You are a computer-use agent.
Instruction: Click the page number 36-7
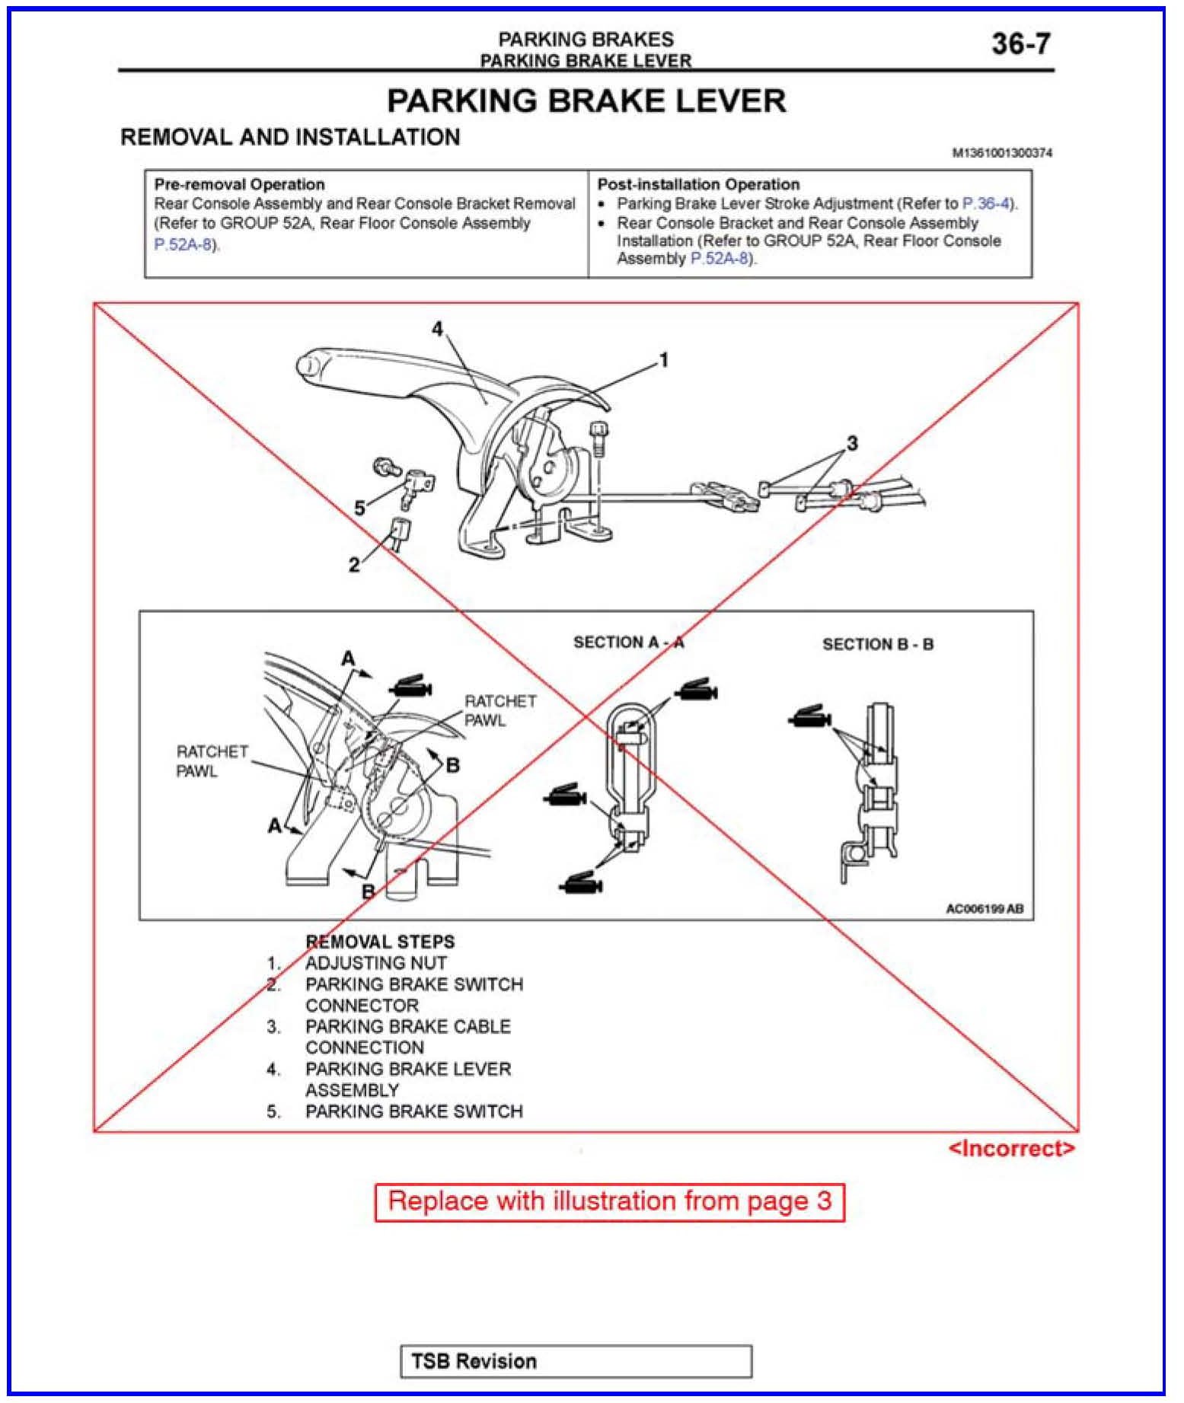1020,44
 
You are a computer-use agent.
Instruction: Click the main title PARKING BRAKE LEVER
586,101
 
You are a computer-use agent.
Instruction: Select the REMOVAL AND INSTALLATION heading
290,137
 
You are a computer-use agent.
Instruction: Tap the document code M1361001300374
1001,153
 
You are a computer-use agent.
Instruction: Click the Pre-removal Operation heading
239,184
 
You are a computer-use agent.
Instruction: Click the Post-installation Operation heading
698,184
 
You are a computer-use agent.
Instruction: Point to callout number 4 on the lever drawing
437,329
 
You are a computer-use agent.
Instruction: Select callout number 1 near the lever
664,359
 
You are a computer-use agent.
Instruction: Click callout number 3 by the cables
852,442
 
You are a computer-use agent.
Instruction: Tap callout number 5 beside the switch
359,508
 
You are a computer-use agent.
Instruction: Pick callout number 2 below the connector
354,565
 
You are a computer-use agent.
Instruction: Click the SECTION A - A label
628,643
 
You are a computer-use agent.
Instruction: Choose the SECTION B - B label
877,644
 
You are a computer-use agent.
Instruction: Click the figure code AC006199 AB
984,908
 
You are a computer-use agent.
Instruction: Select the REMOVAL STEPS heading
379,942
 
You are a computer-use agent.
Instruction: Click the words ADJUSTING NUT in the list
375,963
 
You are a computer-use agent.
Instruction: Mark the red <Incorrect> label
1011,1148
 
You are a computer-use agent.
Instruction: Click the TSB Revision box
576,1361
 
